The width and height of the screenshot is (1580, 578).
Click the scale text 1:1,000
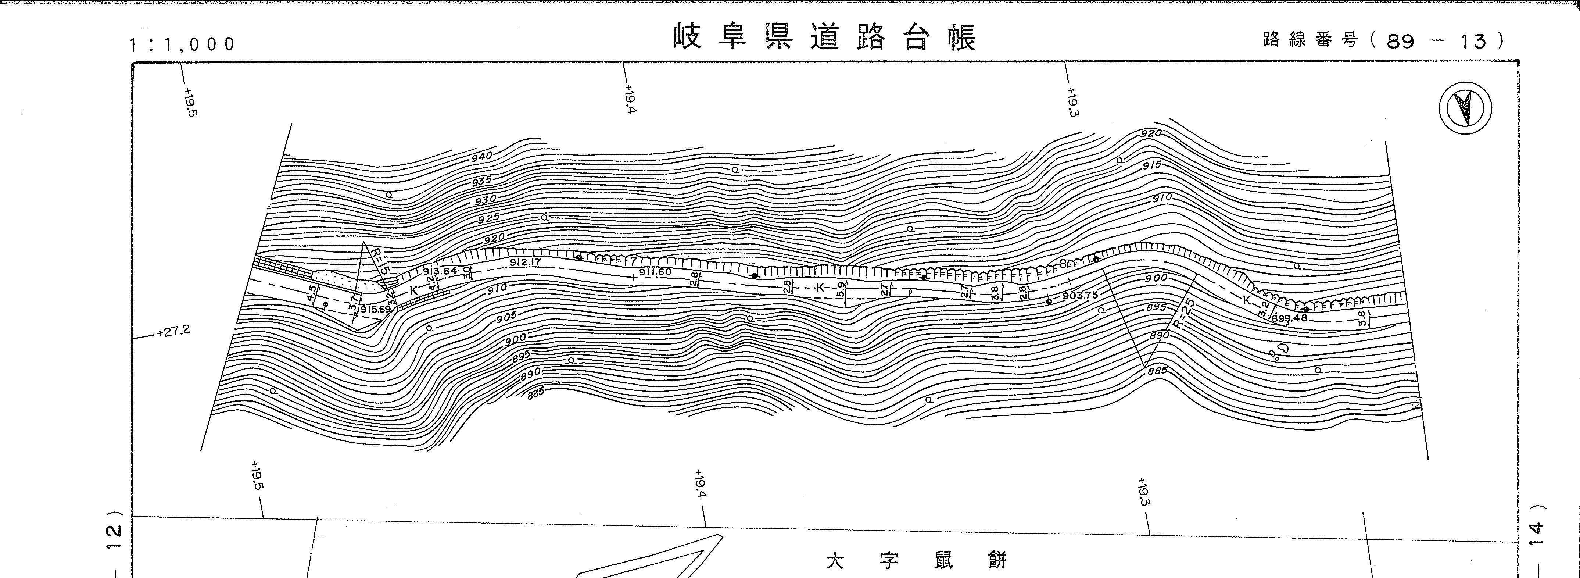click(x=182, y=44)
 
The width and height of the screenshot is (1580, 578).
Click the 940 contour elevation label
click(x=482, y=157)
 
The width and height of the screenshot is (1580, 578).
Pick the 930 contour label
click(x=485, y=200)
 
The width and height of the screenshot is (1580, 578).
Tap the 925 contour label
click(x=489, y=218)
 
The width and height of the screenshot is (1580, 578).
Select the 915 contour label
click(x=1152, y=166)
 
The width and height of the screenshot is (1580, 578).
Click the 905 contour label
click(x=506, y=317)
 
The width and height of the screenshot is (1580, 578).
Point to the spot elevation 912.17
click(x=525, y=263)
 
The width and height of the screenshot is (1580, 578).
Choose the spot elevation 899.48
click(x=1289, y=318)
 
